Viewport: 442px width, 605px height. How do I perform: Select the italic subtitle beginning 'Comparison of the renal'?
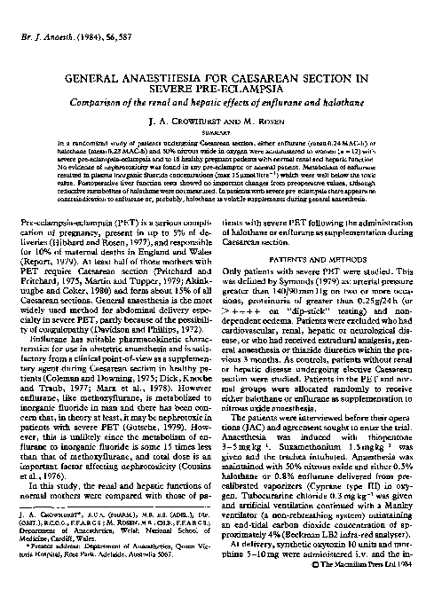[221, 107]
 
